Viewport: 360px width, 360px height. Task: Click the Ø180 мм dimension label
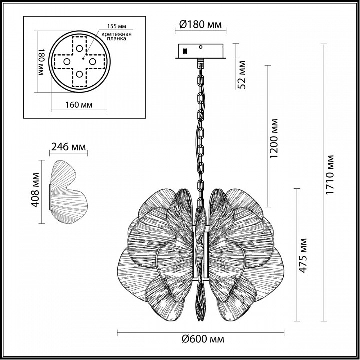coord(200,25)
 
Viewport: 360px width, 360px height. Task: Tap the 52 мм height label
coord(241,75)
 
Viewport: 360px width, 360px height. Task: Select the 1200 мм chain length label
coord(274,138)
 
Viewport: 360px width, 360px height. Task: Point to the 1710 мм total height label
coord(329,175)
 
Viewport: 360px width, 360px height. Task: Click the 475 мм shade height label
coord(303,256)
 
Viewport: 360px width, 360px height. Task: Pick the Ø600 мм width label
coord(203,339)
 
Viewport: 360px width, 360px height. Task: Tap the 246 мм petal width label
coord(68,147)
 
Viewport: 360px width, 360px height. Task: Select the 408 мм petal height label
coord(35,190)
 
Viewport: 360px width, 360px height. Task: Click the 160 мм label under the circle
coord(79,105)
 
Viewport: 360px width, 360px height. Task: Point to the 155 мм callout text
coord(117,26)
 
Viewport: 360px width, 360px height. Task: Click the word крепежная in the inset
coord(117,34)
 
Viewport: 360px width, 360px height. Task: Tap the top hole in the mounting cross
coord(79,48)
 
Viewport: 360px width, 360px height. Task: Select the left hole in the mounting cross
coord(67,62)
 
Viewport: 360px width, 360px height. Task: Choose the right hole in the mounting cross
coord(93,62)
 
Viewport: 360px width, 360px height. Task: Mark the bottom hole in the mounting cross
coord(79,74)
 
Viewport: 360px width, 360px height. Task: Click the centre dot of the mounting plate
coord(83,59)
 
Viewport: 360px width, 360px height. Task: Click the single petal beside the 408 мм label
coord(69,192)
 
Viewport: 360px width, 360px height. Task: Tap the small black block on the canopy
coord(185,51)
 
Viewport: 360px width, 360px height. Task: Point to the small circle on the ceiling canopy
coord(201,47)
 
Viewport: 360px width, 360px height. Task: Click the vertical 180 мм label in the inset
coord(40,62)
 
